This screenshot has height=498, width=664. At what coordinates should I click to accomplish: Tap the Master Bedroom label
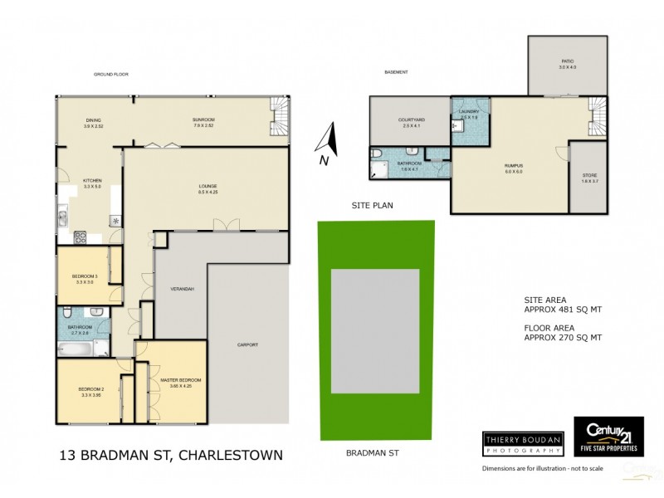pyautogui.click(x=180, y=380)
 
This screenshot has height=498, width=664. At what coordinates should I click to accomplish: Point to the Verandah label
pyautogui.click(x=183, y=289)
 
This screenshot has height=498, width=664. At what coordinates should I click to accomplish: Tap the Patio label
pyautogui.click(x=568, y=61)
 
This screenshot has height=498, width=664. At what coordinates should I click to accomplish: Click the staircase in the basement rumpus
pyautogui.click(x=598, y=116)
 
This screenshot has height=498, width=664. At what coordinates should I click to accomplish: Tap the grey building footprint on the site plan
pyautogui.click(x=376, y=330)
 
